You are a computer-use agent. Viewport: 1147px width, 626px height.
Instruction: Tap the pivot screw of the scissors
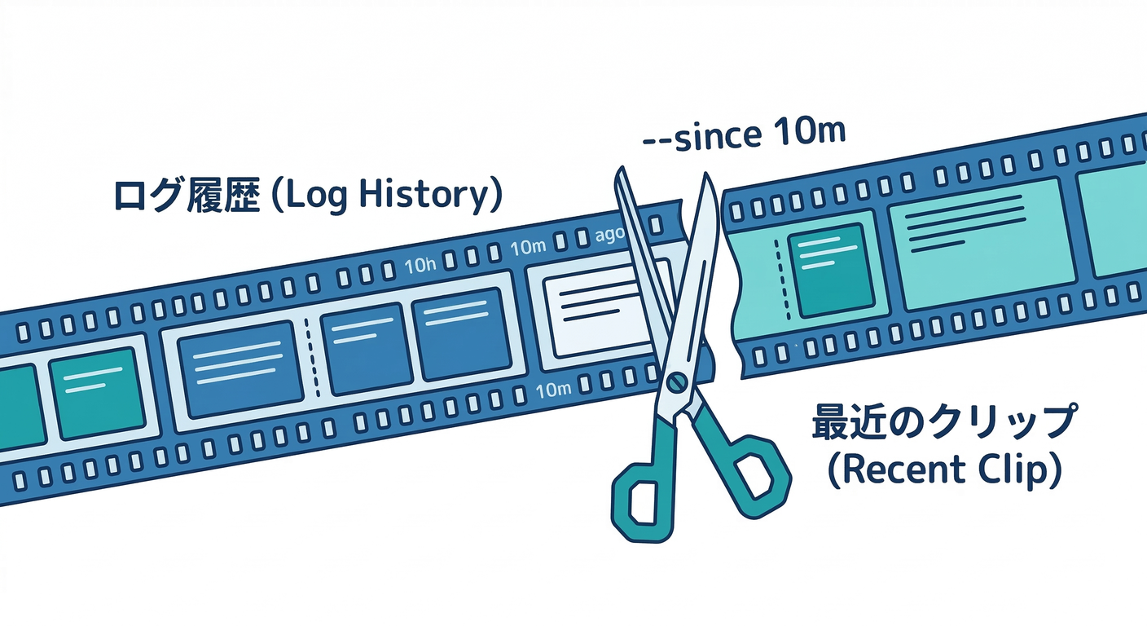(x=675, y=381)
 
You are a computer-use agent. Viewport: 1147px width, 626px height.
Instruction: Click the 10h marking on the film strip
(x=421, y=266)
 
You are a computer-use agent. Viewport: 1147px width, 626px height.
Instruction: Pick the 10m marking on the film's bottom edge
(x=554, y=390)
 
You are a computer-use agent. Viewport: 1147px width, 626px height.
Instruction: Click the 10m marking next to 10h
(x=527, y=247)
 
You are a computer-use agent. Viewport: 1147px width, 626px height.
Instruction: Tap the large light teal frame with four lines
(x=981, y=244)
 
